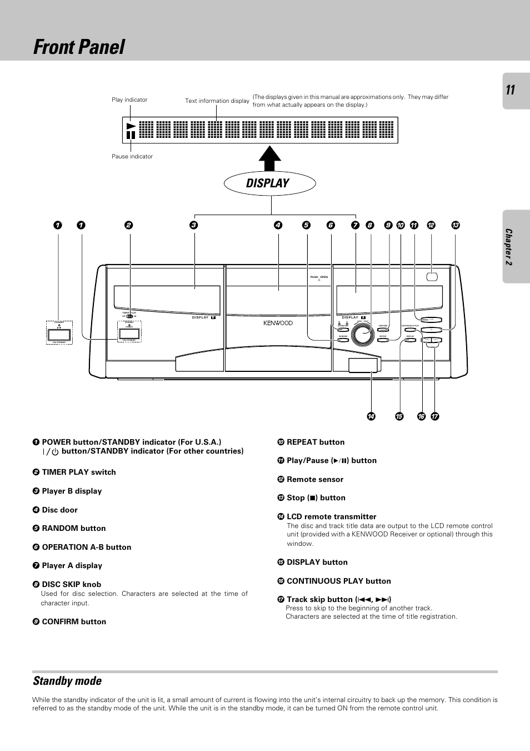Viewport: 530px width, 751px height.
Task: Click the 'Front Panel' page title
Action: point(79,47)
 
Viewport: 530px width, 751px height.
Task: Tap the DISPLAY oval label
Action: point(269,183)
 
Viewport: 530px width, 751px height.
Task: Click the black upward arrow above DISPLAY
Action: point(270,158)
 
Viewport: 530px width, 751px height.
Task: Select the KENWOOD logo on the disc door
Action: point(278,323)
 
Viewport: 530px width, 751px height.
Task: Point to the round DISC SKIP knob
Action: point(363,334)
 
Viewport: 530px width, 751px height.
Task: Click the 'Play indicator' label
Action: point(129,100)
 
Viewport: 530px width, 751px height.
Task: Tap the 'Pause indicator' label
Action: point(132,157)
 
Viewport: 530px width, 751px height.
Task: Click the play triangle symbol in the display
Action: point(131,126)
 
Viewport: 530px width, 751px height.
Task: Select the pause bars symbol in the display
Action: point(131,135)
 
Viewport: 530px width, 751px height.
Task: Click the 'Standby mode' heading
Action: point(67,681)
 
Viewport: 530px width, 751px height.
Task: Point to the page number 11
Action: point(511,90)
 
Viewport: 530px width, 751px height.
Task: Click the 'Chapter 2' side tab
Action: point(509,247)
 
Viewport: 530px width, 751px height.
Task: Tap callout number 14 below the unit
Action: point(371,416)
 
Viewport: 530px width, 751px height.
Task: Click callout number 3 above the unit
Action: point(193,225)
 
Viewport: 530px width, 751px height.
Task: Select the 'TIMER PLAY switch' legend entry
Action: point(79,472)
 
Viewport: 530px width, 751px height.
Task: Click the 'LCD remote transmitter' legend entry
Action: point(331,516)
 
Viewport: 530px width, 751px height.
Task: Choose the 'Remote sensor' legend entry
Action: point(315,479)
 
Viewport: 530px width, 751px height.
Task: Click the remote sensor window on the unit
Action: point(432,276)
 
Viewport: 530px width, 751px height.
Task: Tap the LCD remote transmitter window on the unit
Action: point(363,365)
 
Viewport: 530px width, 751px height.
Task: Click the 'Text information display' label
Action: point(217,101)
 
